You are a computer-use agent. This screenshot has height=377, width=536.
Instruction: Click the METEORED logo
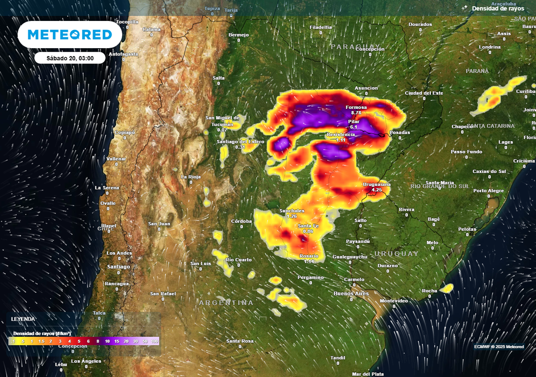click(70, 35)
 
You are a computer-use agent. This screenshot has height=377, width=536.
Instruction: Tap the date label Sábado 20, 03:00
click(70, 58)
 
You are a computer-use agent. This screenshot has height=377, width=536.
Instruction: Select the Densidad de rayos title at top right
click(498, 8)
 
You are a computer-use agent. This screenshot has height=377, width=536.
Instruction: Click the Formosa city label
click(356, 107)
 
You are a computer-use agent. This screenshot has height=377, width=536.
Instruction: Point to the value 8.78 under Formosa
click(356, 113)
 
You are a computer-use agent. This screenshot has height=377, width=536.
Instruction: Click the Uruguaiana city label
click(377, 184)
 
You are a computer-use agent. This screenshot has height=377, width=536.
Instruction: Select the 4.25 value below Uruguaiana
click(377, 190)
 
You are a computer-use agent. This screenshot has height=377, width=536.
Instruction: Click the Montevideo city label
click(394, 301)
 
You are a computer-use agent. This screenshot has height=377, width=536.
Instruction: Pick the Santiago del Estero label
click(240, 141)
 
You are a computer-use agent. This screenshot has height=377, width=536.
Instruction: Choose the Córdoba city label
click(242, 221)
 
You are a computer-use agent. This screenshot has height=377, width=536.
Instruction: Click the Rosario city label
click(309, 256)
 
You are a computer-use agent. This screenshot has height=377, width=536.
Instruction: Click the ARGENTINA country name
click(226, 303)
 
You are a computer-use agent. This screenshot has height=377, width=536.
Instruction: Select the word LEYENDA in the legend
click(23, 319)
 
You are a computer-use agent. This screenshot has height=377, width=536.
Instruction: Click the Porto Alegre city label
click(488, 191)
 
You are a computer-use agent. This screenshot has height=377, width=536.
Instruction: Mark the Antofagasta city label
click(124, 54)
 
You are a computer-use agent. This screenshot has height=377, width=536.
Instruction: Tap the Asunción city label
click(366, 88)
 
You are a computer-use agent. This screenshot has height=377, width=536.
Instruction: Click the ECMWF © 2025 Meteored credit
click(499, 346)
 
